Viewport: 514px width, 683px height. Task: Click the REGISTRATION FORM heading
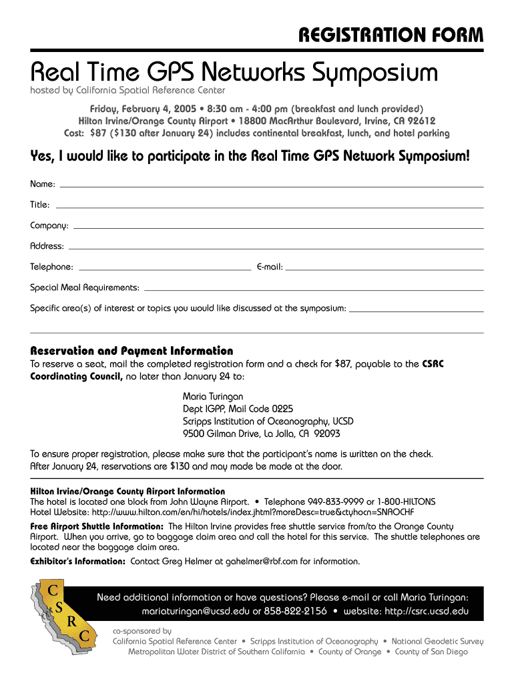click(x=391, y=34)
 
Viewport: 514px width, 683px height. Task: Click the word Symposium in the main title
click(x=362, y=72)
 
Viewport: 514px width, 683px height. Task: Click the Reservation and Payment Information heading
click(x=132, y=351)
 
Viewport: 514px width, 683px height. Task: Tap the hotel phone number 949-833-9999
click(x=335, y=502)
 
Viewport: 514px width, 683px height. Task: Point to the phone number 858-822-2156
click(x=295, y=611)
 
